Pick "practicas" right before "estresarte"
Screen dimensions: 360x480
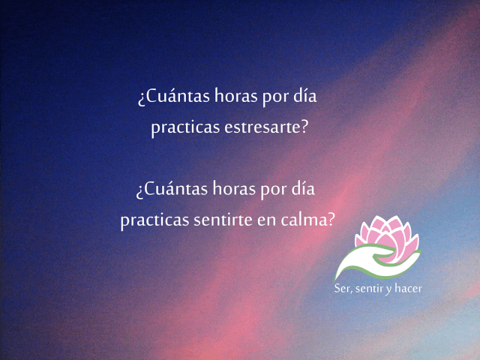coord(184,128)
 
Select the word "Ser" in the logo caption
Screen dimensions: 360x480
coord(343,289)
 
